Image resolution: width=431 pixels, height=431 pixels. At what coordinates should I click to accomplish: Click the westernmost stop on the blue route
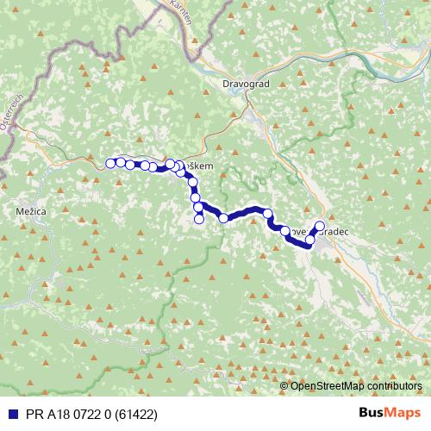pyautogui.click(x=110, y=163)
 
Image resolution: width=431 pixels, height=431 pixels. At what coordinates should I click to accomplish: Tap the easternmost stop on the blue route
pyautogui.click(x=320, y=227)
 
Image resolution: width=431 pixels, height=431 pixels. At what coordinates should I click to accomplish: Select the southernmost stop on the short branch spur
pyautogui.click(x=199, y=219)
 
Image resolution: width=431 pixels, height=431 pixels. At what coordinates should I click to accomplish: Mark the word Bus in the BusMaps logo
pyautogui.click(x=372, y=413)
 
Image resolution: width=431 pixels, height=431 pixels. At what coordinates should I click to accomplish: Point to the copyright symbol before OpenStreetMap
pyautogui.click(x=284, y=386)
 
